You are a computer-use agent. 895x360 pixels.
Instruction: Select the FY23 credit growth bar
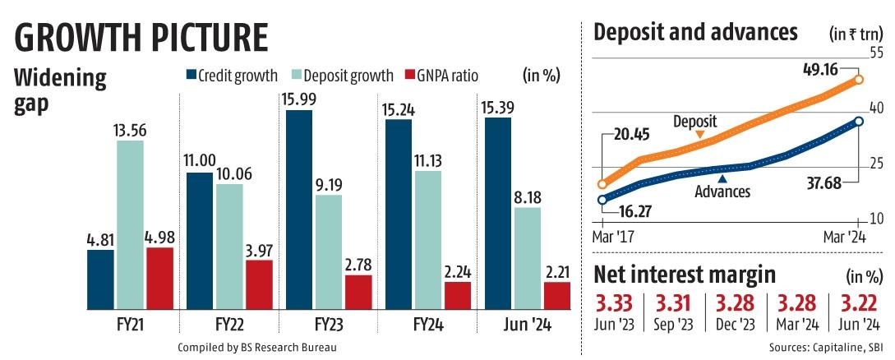(x=300, y=209)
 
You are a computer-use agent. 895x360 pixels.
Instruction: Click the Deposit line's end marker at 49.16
(x=859, y=80)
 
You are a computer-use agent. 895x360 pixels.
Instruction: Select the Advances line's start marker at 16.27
(x=602, y=200)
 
